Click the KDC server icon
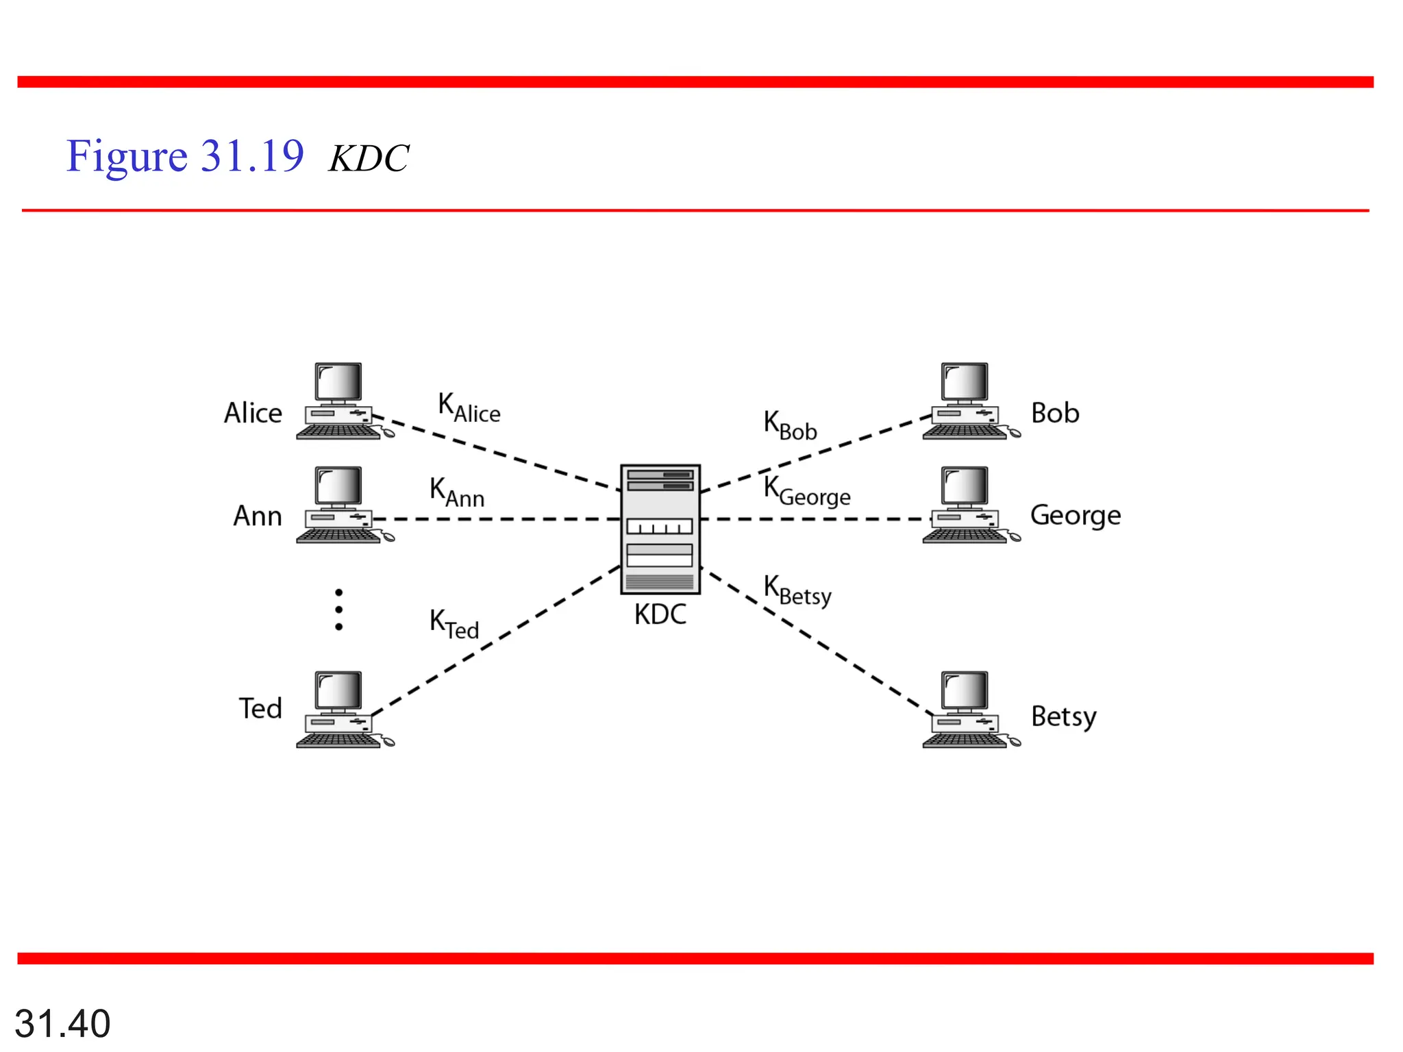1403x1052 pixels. coord(660,529)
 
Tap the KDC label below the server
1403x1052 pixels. coord(660,614)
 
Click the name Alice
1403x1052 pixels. coord(253,413)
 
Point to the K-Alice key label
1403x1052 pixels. coord(469,408)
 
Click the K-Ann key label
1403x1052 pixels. coord(457,492)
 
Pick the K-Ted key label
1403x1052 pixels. coord(454,624)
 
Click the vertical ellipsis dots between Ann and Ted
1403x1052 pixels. coord(338,610)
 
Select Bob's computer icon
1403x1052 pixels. coord(967,402)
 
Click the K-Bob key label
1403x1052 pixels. coord(790,425)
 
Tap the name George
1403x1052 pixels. coord(1075,516)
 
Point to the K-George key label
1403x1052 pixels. coord(806,491)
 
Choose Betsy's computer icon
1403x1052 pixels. coord(967,710)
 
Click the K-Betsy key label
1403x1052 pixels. coord(797,590)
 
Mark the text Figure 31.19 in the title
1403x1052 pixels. coord(185,156)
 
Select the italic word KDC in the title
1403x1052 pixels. coord(369,159)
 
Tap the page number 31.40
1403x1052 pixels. coord(62,1023)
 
